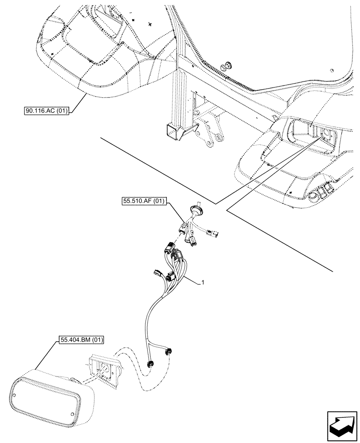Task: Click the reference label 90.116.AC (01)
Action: [46, 111]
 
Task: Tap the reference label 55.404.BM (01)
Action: [80, 340]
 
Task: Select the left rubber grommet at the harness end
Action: [151, 364]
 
